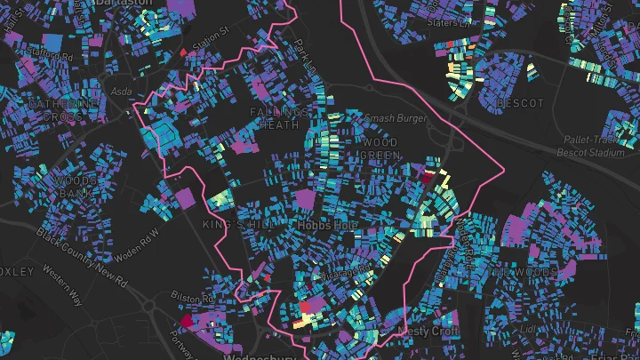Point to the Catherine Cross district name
[61, 110]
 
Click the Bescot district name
[520, 104]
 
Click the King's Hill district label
[228, 225]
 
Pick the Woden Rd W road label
[136, 244]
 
